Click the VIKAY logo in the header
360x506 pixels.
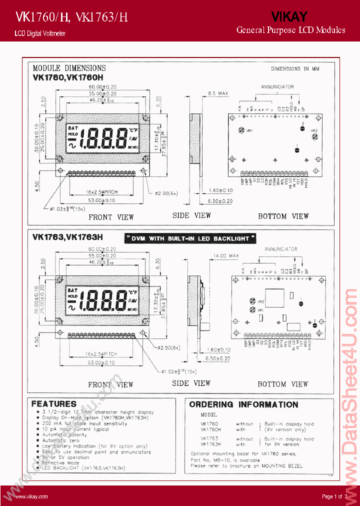click(x=289, y=17)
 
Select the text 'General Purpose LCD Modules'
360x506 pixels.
click(x=290, y=30)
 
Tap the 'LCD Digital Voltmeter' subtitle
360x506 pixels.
click(x=40, y=33)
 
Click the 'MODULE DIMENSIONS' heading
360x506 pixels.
click(x=69, y=68)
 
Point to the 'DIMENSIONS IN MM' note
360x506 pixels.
click(x=295, y=69)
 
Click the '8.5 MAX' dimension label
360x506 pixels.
click(x=217, y=93)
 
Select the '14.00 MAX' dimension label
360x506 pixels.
click(x=227, y=255)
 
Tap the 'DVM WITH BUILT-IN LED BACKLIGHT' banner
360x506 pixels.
click(x=190, y=238)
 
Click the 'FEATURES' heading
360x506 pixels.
click(x=54, y=403)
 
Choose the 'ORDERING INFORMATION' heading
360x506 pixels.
click(x=243, y=404)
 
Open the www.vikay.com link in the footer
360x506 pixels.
click(x=31, y=496)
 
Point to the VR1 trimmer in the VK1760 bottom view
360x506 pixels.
click(x=242, y=130)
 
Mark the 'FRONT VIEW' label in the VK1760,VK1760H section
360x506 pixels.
click(x=111, y=217)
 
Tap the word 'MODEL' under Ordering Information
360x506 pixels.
click(x=209, y=415)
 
